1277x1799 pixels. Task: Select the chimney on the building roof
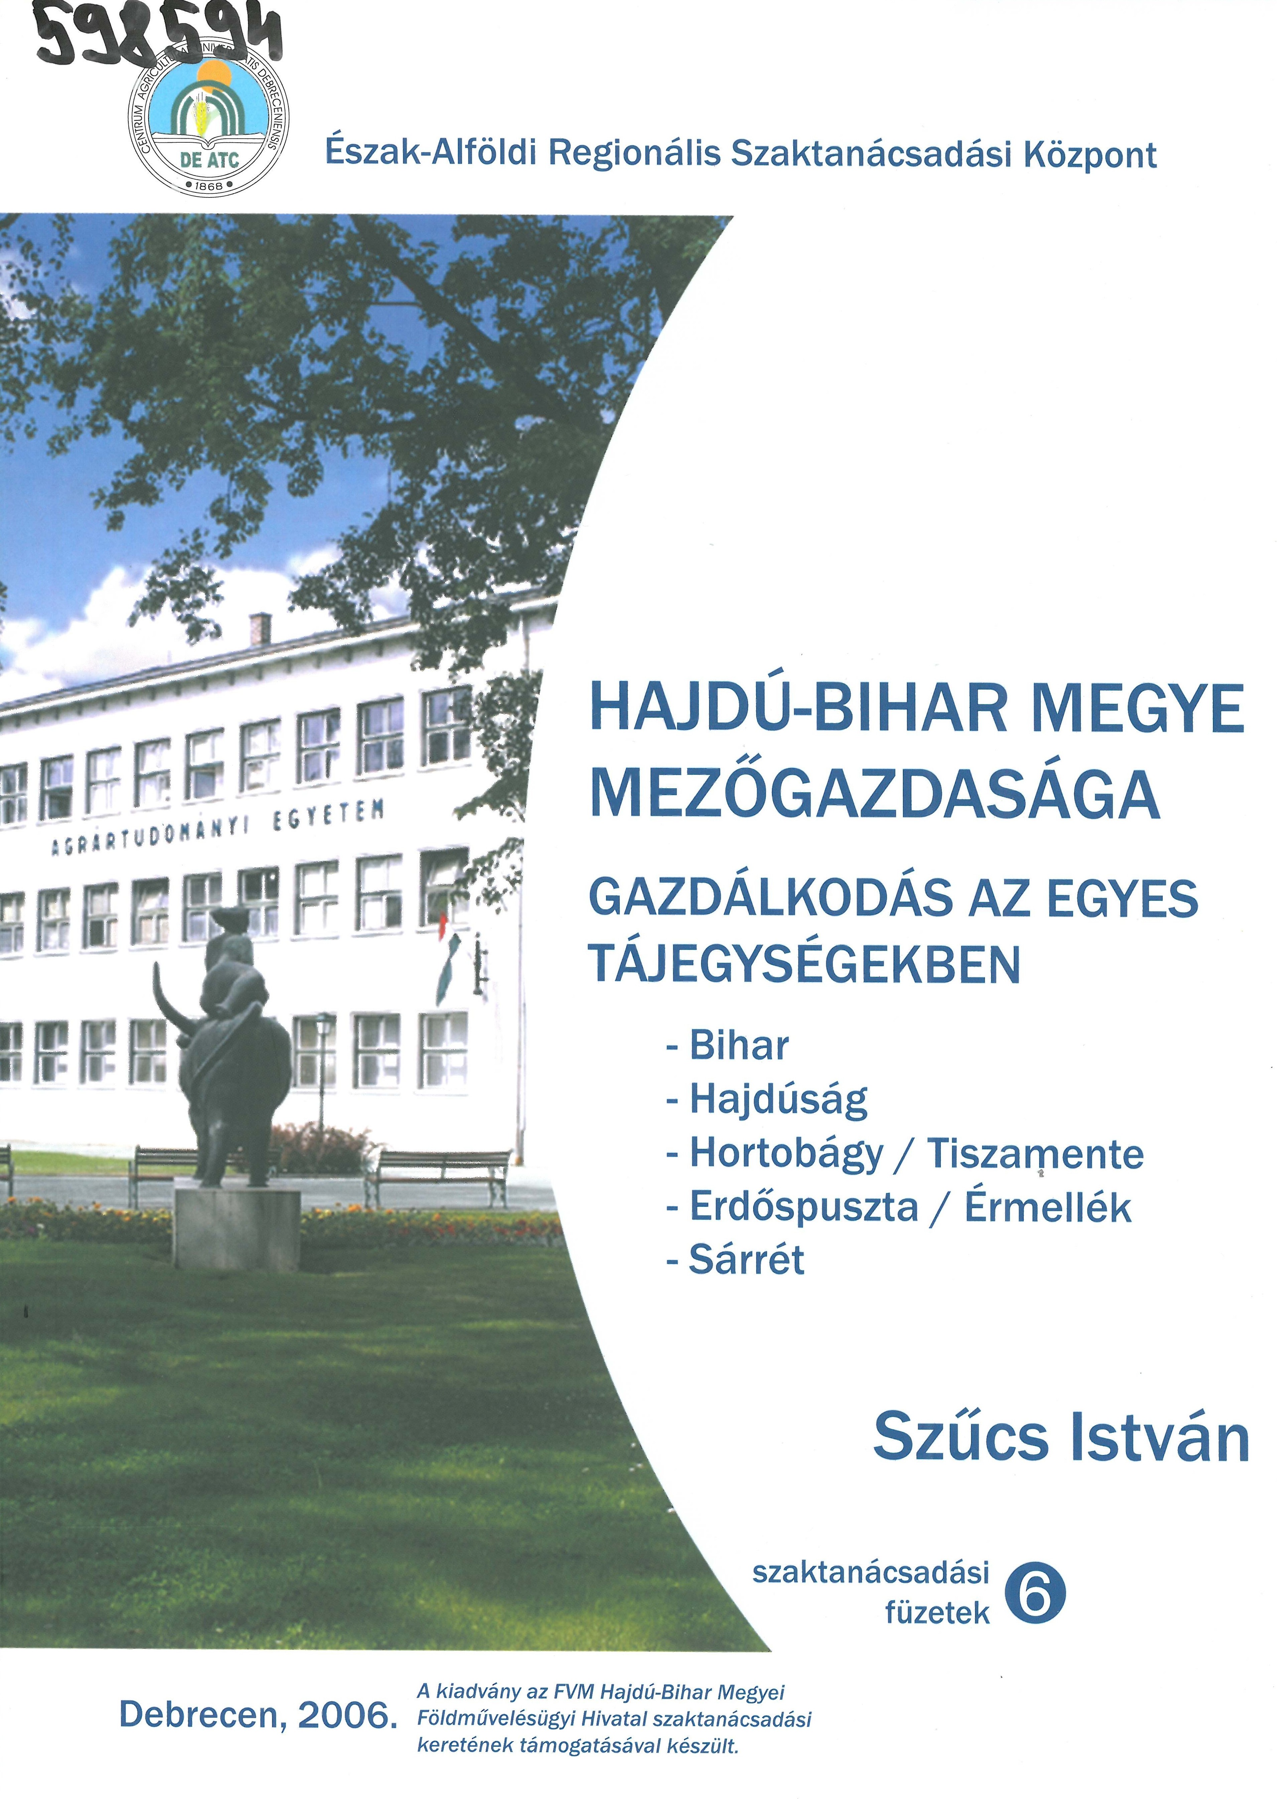[260, 629]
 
